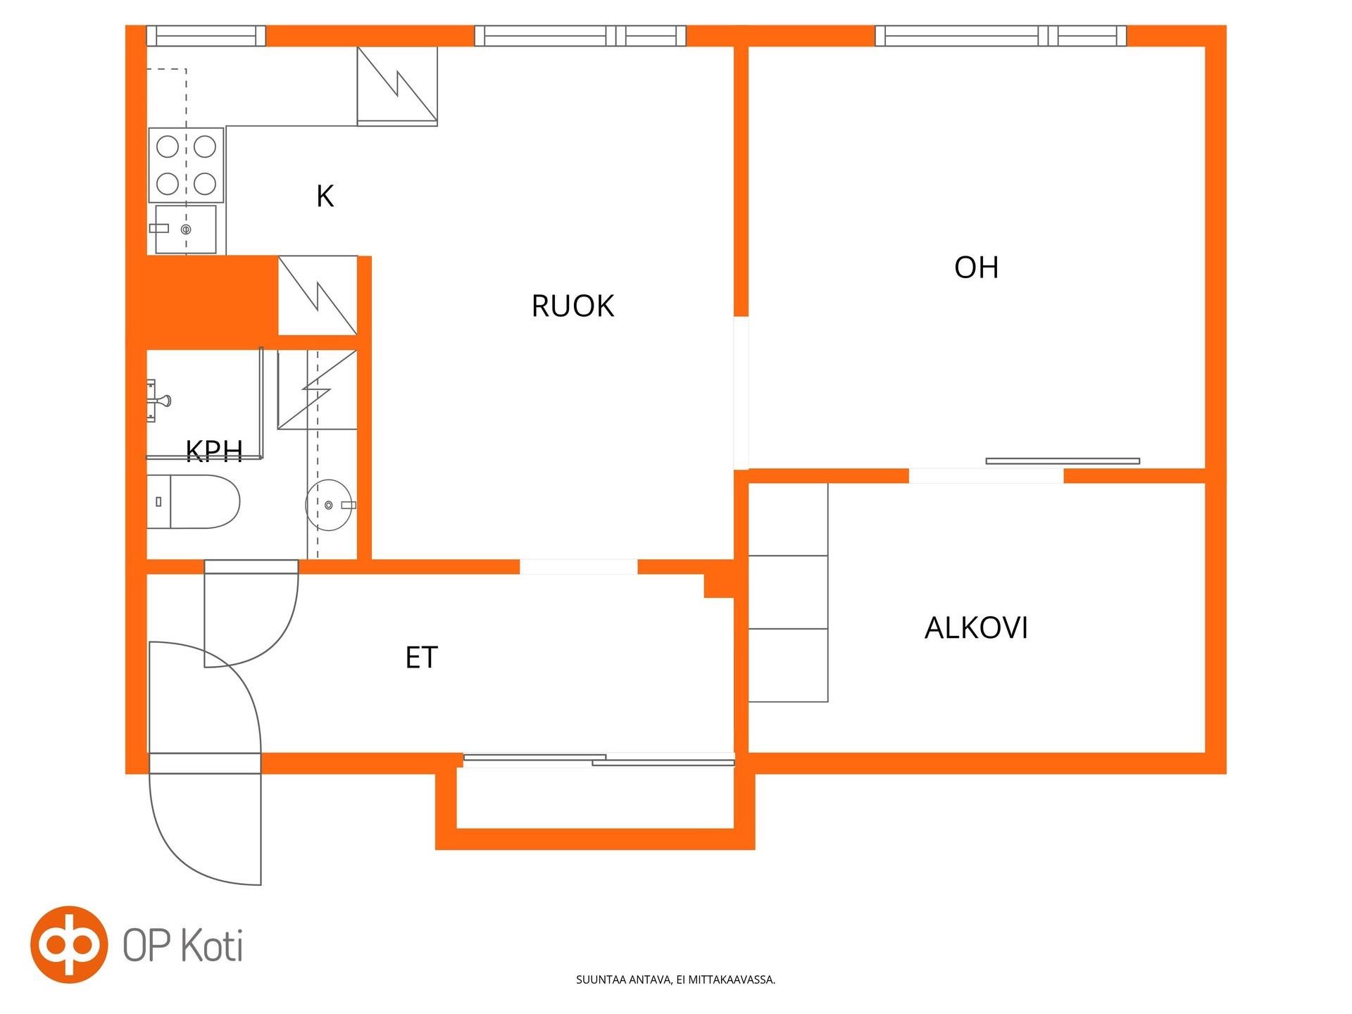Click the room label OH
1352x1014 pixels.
pos(976,268)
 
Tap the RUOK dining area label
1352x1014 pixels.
pos(572,306)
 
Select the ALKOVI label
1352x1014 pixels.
pos(976,627)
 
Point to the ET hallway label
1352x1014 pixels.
pos(422,657)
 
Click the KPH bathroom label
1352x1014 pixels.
pos(214,451)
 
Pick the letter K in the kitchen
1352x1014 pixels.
pos(325,196)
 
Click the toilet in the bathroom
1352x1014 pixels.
pos(194,501)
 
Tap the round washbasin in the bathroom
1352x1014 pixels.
pos(330,505)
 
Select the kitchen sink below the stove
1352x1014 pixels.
pos(185,230)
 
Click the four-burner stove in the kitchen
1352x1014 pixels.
pos(186,165)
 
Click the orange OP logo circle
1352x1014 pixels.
pos(69,944)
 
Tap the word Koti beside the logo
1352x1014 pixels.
pos(213,945)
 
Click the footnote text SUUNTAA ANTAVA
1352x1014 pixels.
pos(623,979)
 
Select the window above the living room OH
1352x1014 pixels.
pos(1001,36)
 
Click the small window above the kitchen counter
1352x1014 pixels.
pos(206,36)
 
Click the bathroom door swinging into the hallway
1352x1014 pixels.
pos(251,613)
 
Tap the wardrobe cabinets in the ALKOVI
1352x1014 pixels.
pos(788,592)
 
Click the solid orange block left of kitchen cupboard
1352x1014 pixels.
pos(201,301)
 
